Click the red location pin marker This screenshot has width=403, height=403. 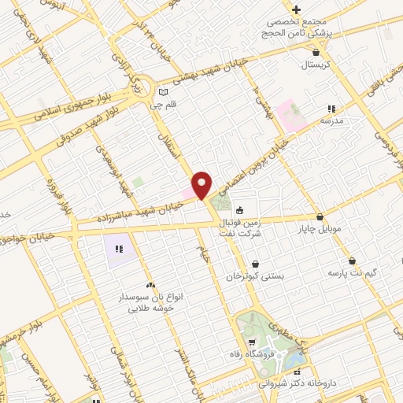coord(202,185)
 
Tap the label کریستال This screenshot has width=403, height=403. coord(320,65)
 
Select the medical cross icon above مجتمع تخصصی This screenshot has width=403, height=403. coord(296,10)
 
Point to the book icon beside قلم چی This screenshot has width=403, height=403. coord(163,91)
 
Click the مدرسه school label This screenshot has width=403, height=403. coord(332,120)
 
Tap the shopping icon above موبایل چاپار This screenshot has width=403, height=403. coord(320,217)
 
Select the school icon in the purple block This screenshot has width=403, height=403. coord(119,249)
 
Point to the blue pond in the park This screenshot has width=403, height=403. coord(295,360)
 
